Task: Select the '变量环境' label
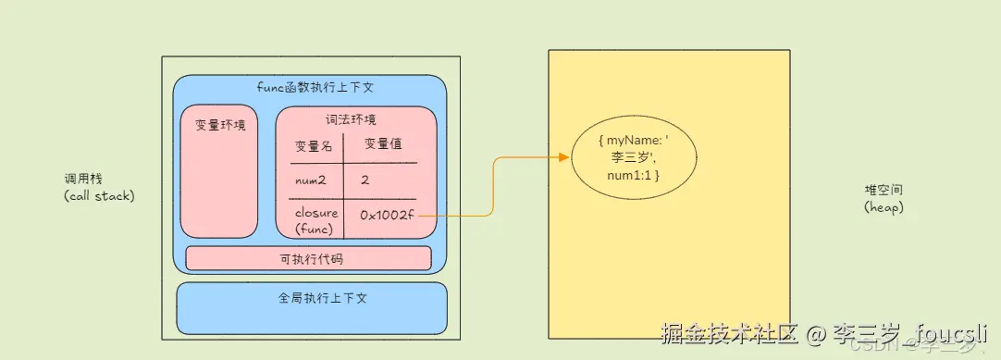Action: pos(220,125)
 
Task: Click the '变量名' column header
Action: pos(313,146)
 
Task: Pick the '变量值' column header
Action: pos(382,144)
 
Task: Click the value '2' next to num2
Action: pos(365,180)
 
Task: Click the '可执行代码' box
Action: pos(310,258)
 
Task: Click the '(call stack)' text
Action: pos(98,196)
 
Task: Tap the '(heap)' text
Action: pos(884,207)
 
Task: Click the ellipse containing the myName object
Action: pos(633,157)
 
